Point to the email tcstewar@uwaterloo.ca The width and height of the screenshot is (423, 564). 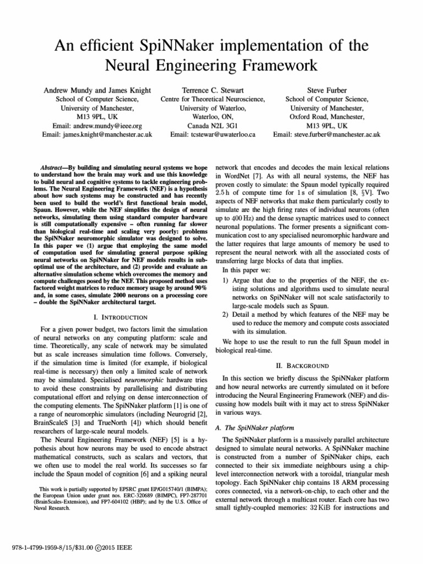[x=222, y=135]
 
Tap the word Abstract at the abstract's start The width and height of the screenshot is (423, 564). [x=55, y=167]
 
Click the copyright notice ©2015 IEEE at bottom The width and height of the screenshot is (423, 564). [x=106, y=549]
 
